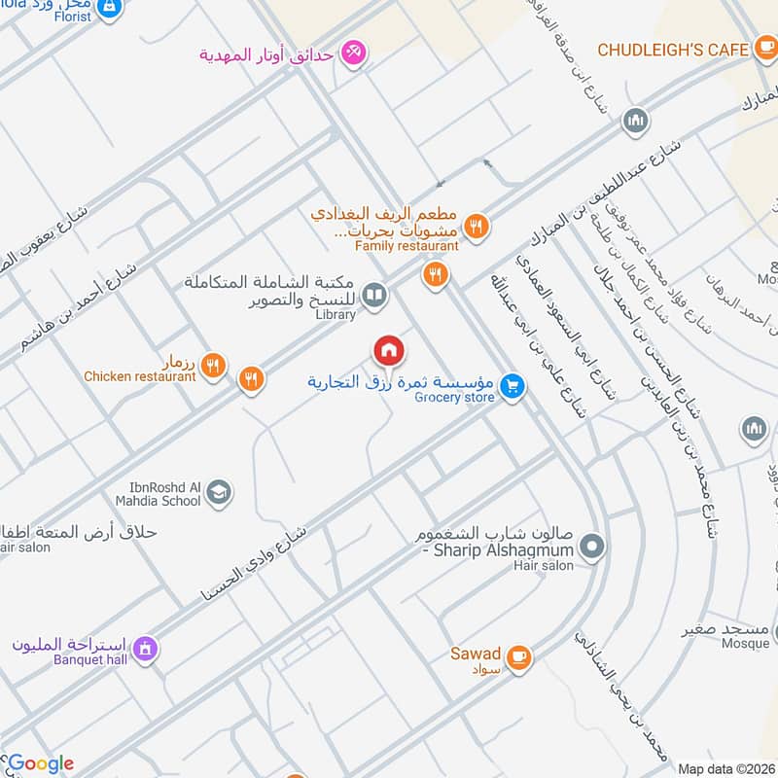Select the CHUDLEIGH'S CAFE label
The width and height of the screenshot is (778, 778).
coord(672,49)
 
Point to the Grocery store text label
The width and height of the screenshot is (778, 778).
coord(454,397)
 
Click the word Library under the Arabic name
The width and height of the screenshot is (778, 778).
coord(336,315)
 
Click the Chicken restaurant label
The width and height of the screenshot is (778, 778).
coord(140,376)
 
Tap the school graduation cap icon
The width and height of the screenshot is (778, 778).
coord(221,492)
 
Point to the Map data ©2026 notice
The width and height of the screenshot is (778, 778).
coord(725,768)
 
